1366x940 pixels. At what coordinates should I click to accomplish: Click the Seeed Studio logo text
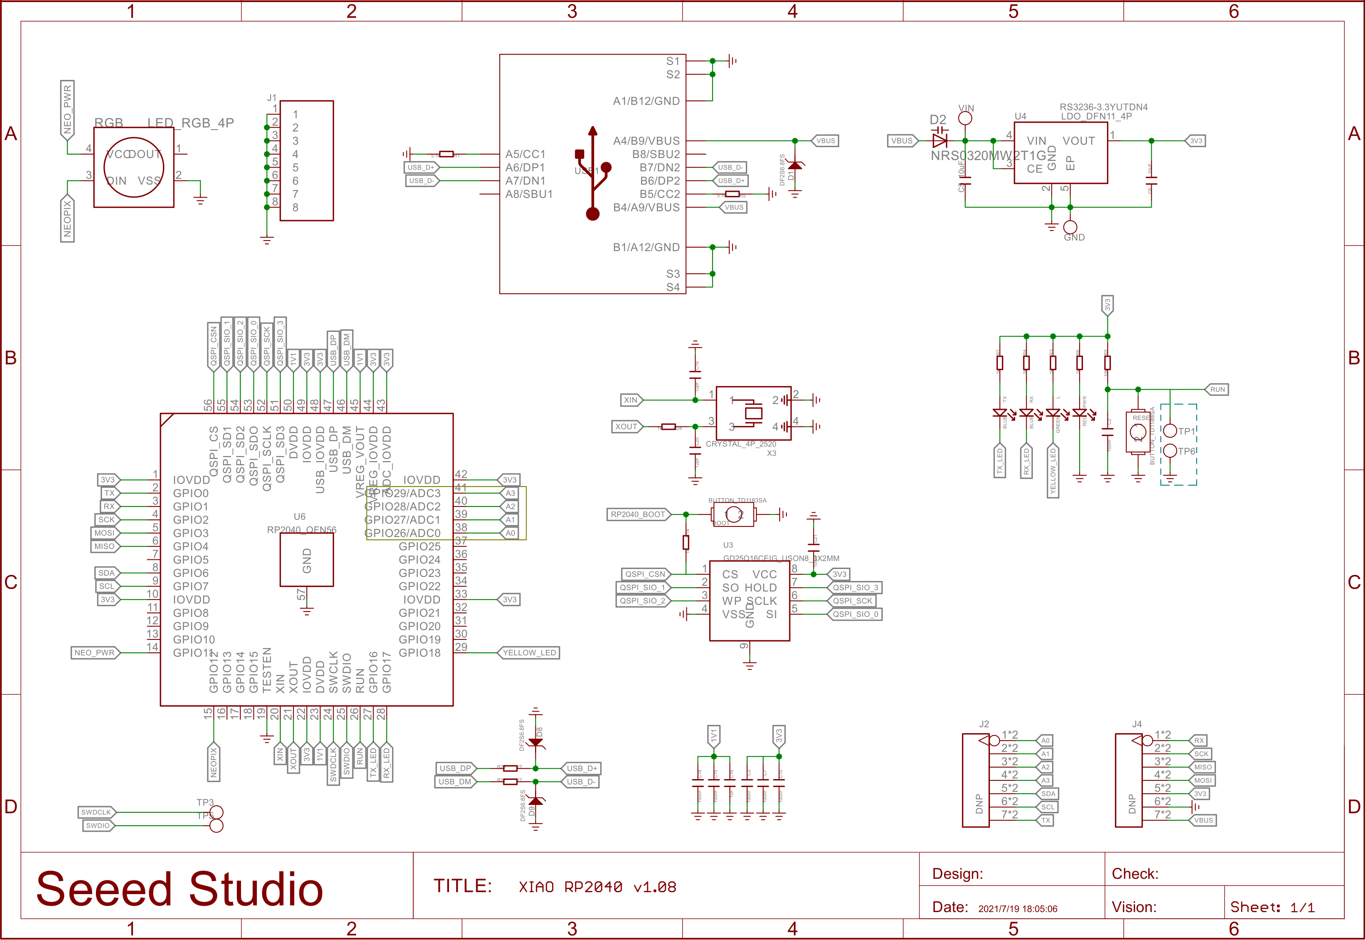180,889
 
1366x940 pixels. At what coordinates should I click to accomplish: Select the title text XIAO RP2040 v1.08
597,887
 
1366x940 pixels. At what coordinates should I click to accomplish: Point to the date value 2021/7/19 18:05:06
1017,909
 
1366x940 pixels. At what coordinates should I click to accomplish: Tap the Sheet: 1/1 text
1272,907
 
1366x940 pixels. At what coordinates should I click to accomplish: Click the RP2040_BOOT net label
638,515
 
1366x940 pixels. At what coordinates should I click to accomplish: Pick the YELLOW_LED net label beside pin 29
529,653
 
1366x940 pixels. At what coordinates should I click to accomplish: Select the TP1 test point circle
1170,431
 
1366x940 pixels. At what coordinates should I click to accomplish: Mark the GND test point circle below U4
1070,227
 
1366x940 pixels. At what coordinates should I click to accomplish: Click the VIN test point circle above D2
965,118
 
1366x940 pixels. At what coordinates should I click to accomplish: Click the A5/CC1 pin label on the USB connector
525,154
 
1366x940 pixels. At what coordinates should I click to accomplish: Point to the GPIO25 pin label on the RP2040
419,546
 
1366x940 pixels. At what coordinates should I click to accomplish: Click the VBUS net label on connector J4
1203,820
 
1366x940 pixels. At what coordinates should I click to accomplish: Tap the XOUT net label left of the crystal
626,426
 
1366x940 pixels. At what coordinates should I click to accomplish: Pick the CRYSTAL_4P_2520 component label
741,444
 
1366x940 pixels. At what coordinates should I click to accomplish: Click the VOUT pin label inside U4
1079,141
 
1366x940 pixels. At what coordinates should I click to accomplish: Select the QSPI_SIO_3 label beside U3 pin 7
855,588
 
